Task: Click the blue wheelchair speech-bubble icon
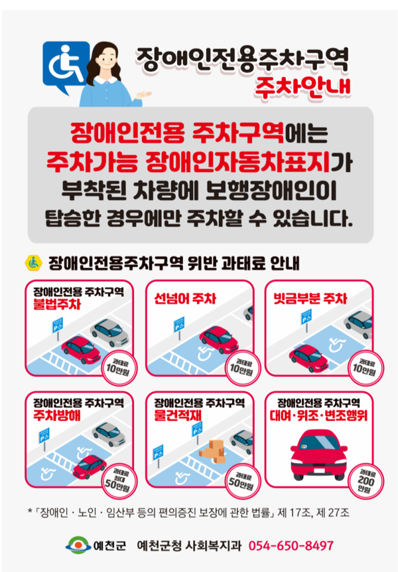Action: point(65,62)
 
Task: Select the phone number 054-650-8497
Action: point(291,546)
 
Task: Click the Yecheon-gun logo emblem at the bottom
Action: point(77,546)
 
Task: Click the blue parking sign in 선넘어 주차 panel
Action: point(178,324)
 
